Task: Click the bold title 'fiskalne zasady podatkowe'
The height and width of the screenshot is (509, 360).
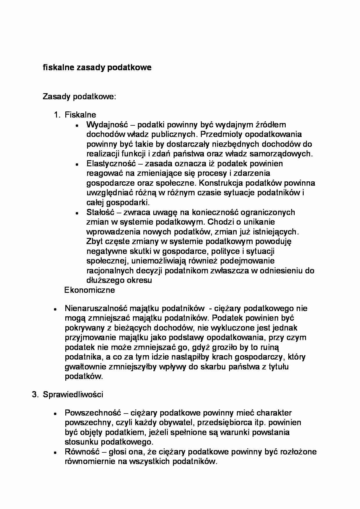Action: point(97,68)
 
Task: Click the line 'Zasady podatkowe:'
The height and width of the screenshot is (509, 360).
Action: point(79,96)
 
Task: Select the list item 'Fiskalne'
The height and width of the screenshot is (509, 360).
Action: point(80,115)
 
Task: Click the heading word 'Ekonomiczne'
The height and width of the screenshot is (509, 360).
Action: point(89,290)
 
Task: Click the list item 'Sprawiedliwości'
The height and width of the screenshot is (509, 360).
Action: point(73,395)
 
